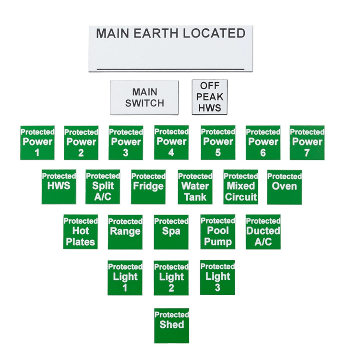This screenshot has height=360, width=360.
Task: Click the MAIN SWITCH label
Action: pyautogui.click(x=144, y=97)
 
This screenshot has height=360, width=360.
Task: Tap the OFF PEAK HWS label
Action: pyautogui.click(x=210, y=97)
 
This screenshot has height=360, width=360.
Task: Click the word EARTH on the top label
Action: pyautogui.click(x=156, y=33)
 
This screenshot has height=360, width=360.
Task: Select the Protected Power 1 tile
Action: pyautogui.click(x=37, y=143)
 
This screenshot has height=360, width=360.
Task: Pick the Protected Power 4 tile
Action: pyautogui.click(x=171, y=143)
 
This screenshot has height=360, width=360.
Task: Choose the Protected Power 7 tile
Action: pyautogui.click(x=307, y=143)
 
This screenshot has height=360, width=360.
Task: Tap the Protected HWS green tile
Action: pyautogui.click(x=59, y=187)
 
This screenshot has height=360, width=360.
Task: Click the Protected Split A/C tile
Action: pyautogui.click(x=103, y=187)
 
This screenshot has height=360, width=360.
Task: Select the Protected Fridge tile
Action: pyautogui.click(x=148, y=187)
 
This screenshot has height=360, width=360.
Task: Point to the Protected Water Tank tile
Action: pyautogui.click(x=195, y=187)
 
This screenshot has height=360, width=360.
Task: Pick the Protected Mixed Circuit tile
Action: pyautogui.click(x=240, y=187)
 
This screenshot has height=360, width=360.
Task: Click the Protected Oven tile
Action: pyautogui.click(x=284, y=187)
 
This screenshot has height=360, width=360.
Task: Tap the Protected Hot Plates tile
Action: pyautogui.click(x=81, y=232)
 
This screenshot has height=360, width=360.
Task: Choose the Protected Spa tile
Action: pyautogui.click(x=171, y=232)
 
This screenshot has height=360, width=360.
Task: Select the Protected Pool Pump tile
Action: pyautogui.click(x=217, y=232)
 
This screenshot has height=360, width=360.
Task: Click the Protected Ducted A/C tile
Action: pyautogui.click(x=263, y=232)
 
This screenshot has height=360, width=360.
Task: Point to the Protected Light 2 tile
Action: pyautogui.click(x=171, y=278)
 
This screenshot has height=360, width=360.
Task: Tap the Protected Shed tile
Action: pyautogui.click(x=171, y=325)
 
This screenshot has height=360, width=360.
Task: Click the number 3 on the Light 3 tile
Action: pyautogui.click(x=217, y=287)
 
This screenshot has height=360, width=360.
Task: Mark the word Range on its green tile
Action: pyautogui.click(x=125, y=231)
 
